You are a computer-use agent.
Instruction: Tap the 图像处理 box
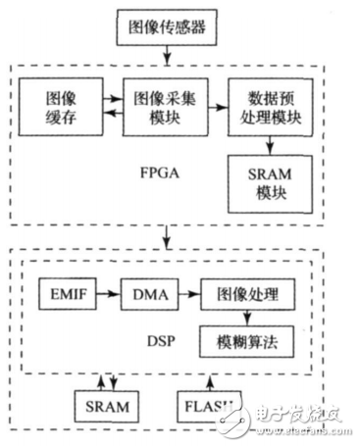[245, 294]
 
